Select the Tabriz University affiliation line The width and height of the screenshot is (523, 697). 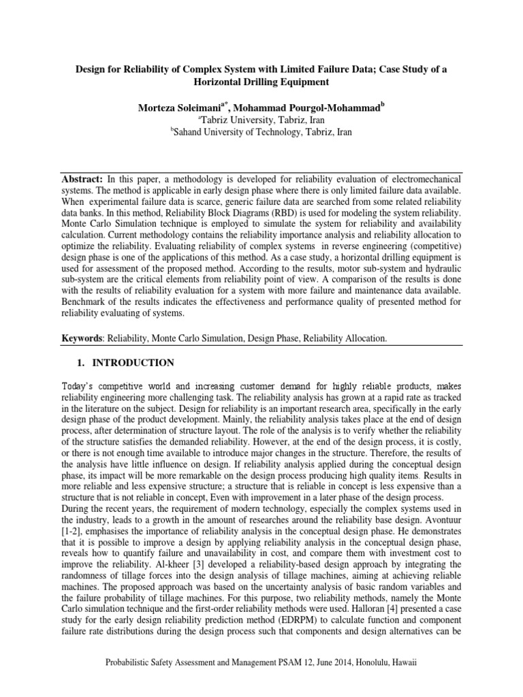pos(261,119)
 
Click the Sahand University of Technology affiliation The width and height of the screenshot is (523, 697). pos(261,132)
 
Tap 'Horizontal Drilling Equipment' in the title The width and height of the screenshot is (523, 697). pos(261,82)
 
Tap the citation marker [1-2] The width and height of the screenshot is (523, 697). pos(71,530)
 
